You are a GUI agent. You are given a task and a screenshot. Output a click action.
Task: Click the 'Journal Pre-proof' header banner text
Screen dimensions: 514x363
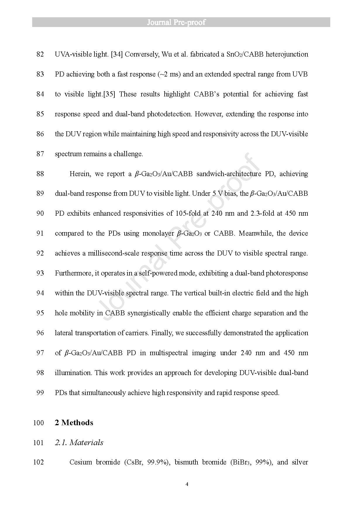pos(176,22)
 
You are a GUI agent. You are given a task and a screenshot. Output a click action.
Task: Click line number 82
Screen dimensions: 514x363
pos(40,54)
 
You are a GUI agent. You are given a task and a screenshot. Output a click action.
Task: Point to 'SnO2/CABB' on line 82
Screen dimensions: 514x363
pos(245,54)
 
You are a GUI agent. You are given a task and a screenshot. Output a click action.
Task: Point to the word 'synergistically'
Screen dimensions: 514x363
pos(149,313)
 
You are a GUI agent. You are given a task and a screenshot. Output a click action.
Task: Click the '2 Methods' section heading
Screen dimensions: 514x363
pos(74,423)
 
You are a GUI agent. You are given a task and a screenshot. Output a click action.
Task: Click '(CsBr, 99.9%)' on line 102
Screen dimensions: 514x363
pos(147,462)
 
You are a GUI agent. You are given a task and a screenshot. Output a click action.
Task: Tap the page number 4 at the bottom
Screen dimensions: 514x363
pos(187,484)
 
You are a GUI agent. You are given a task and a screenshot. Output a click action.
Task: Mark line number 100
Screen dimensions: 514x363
pos(38,423)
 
